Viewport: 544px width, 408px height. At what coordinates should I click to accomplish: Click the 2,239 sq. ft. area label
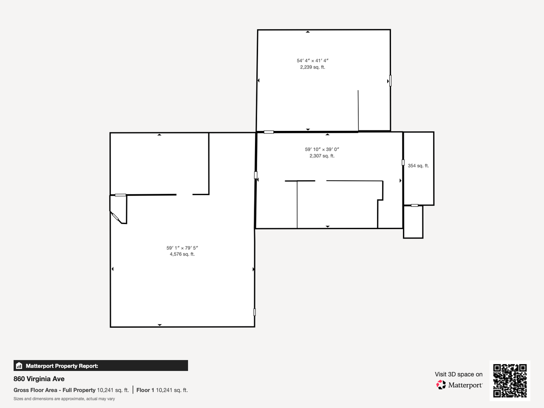coord(312,67)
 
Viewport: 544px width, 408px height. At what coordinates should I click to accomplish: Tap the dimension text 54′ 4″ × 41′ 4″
coord(312,61)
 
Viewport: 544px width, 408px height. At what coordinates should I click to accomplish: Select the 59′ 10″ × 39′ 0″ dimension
coord(322,149)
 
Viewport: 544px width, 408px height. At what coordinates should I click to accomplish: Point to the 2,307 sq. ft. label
coord(322,156)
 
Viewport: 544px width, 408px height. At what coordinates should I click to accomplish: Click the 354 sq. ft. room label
coord(418,166)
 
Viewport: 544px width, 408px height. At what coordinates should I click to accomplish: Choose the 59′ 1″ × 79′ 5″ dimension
coord(182,248)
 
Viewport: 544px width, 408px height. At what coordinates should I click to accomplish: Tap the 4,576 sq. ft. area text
coord(182,254)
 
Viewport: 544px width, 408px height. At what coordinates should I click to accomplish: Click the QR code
coord(510,381)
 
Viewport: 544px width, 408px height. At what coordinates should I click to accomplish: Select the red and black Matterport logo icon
coord(441,385)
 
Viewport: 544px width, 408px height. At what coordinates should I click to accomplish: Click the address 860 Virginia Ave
coord(39,379)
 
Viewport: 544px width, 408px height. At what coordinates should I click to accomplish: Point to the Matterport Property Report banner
coord(101,365)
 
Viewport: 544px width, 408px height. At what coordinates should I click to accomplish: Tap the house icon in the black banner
coord(19,365)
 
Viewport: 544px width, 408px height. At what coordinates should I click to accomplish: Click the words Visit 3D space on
coord(459,374)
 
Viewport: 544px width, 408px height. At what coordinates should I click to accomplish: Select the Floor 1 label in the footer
coord(145,390)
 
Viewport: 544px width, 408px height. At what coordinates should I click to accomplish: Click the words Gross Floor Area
coord(35,390)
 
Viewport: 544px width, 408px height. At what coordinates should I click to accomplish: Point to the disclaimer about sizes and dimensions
coord(64,399)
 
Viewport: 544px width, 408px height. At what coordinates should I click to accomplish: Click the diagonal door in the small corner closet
coord(115,217)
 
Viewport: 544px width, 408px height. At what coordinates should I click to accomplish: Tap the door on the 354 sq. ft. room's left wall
coord(403,162)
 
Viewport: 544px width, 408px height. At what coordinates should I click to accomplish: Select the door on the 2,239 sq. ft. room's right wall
coord(390,81)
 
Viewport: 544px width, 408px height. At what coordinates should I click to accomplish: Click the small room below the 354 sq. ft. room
coord(413,222)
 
